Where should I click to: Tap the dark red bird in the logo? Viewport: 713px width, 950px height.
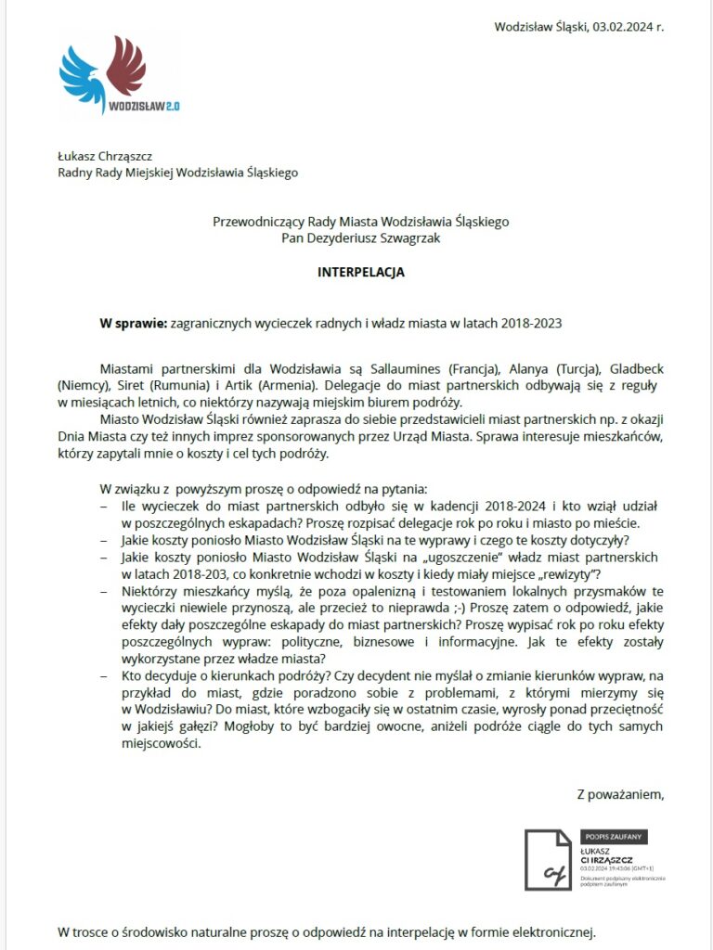127,67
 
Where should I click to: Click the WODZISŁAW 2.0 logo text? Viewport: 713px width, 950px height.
143,107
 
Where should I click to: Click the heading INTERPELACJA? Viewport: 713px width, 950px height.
361,274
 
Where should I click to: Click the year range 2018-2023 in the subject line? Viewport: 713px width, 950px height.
531,323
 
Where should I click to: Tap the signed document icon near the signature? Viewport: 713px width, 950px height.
548,861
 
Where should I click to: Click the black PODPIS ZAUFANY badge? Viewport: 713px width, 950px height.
614,837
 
